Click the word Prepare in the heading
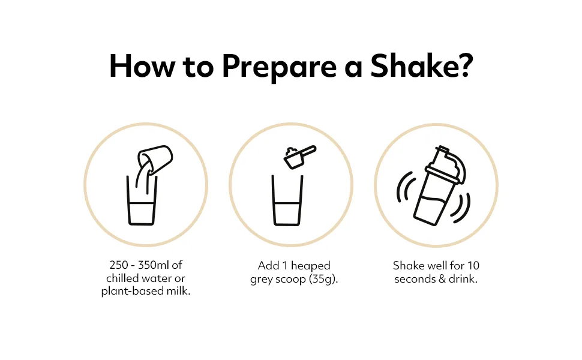[279, 67]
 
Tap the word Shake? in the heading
[422, 65]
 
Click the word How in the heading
[142, 66]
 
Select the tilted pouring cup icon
[155, 159]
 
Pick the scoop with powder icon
[299, 157]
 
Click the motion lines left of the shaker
[403, 187]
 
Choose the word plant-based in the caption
[132, 292]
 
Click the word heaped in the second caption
[311, 266]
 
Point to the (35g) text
[323, 279]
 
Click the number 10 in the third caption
[473, 266]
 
